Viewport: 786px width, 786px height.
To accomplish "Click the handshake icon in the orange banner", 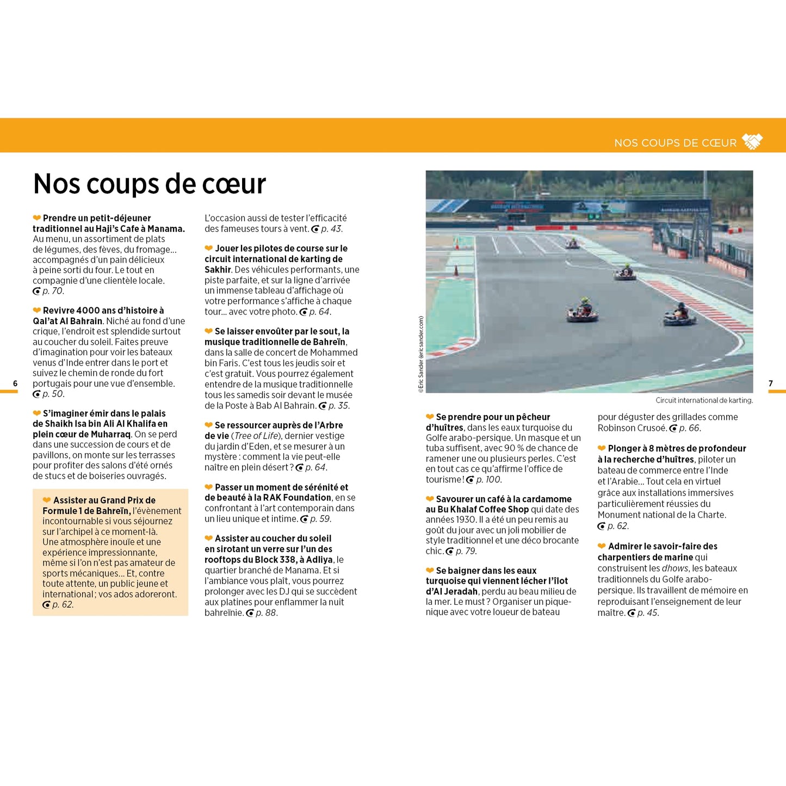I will point(752,141).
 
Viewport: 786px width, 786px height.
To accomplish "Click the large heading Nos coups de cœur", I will point(150,184).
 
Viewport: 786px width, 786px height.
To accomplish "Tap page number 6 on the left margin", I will point(15,383).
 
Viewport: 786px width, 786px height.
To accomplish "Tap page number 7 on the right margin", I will point(771,383).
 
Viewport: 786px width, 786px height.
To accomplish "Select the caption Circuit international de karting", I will point(704,400).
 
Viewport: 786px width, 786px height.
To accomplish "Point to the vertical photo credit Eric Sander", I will point(420,354).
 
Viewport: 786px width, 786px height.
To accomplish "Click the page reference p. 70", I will point(53,291).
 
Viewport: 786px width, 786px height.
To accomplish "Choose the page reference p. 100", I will point(488,480).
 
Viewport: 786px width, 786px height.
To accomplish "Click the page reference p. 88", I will point(267,613).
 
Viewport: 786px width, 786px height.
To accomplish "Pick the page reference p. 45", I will point(647,613).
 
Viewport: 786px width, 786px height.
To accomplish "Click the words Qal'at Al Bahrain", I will point(67,321).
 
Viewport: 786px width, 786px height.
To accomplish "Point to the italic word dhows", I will point(674,568).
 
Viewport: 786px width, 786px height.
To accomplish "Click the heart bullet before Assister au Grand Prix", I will point(47,500).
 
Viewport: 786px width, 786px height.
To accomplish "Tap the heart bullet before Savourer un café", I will point(430,499).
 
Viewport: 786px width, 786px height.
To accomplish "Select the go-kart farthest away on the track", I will point(572,244).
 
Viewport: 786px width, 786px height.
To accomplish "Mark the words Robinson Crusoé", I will point(632,428).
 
